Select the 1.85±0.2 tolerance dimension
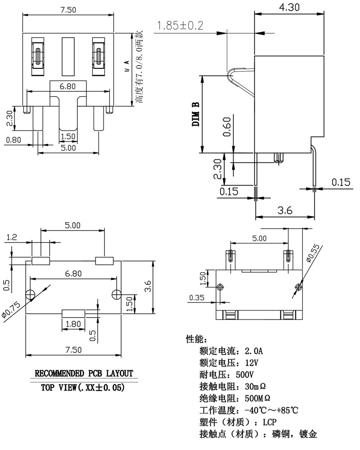click(x=179, y=26)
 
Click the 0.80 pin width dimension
click(x=13, y=139)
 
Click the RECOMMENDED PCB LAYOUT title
click(x=84, y=373)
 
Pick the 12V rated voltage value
click(x=252, y=362)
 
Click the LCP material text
click(x=269, y=422)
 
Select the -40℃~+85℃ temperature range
click(x=271, y=410)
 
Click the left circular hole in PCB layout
click(x=31, y=294)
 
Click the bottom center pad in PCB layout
click(x=73, y=313)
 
